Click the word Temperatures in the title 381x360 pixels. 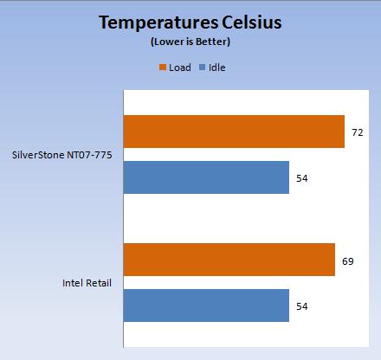pyautogui.click(x=158, y=23)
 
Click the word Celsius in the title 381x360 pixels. pyautogui.click(x=252, y=22)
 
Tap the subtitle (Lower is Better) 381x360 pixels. pyautogui.click(x=190, y=42)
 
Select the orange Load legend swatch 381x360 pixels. pyautogui.click(x=163, y=67)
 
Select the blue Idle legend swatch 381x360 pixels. pyautogui.click(x=203, y=67)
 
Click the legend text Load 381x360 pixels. pyautogui.click(x=180, y=67)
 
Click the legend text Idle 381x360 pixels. pyautogui.click(x=216, y=67)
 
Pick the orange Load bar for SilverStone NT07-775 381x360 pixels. pyautogui.click(x=234, y=132)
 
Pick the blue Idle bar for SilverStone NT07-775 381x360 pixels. pyautogui.click(x=206, y=177)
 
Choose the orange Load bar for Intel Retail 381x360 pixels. pyautogui.click(x=229, y=260)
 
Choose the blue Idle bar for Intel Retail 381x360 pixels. pyautogui.click(x=206, y=305)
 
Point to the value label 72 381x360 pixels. pyautogui.click(x=358, y=132)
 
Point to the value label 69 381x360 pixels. pyautogui.click(x=348, y=261)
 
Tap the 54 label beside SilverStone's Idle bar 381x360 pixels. pyautogui.click(x=302, y=178)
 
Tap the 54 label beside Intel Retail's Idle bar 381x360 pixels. pyautogui.click(x=302, y=306)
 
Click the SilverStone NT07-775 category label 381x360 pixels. pyautogui.click(x=61, y=155)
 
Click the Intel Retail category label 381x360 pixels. pyautogui.click(x=87, y=283)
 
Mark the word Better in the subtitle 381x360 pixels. pyautogui.click(x=213, y=42)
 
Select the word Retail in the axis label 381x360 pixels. pyautogui.click(x=99, y=283)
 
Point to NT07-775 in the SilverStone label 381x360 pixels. pyautogui.click(x=89, y=155)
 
